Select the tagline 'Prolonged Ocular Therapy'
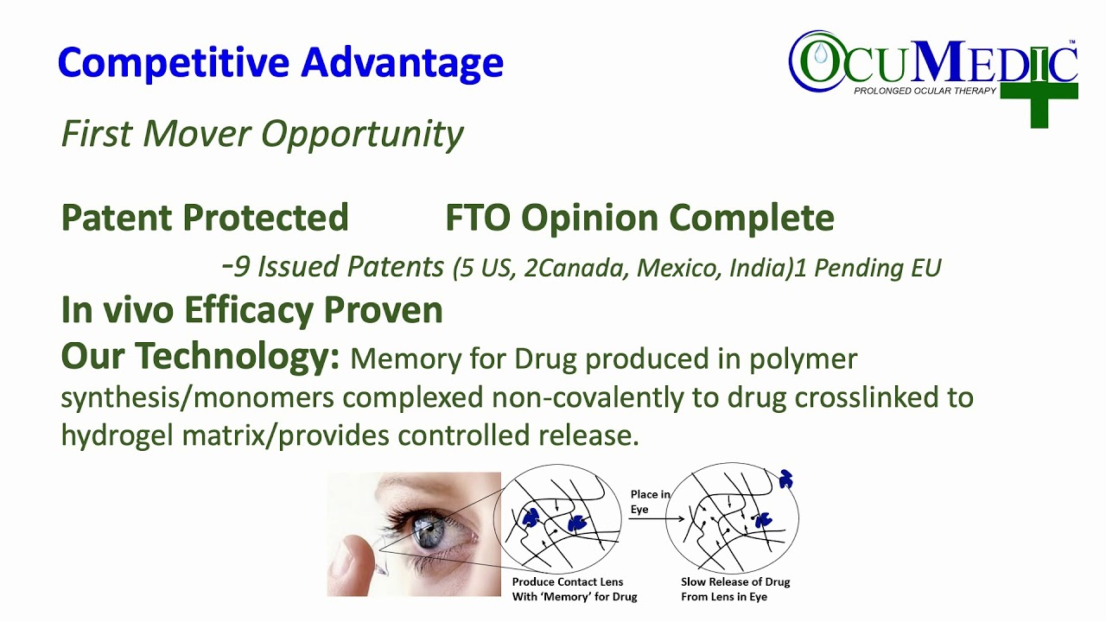coord(925,91)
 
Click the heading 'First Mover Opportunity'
coord(262,134)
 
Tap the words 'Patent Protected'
coord(205,218)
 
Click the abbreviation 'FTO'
coord(480,218)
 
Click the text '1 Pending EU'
coord(868,268)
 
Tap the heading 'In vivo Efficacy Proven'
coord(251,309)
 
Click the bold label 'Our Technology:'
coord(200,357)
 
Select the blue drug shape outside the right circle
coord(785,479)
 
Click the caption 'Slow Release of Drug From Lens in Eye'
coord(735,589)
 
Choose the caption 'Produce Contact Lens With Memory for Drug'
coord(568,589)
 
